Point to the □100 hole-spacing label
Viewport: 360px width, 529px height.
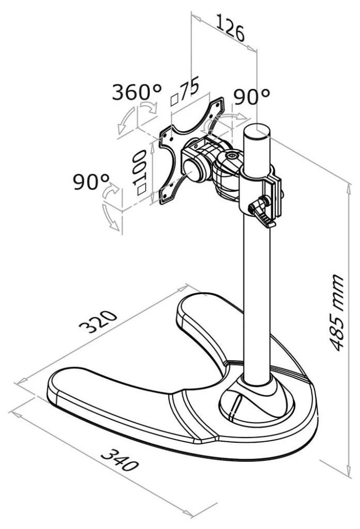click(140, 172)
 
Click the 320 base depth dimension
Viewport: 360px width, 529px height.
click(98, 324)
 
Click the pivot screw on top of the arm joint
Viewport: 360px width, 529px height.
click(231, 157)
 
